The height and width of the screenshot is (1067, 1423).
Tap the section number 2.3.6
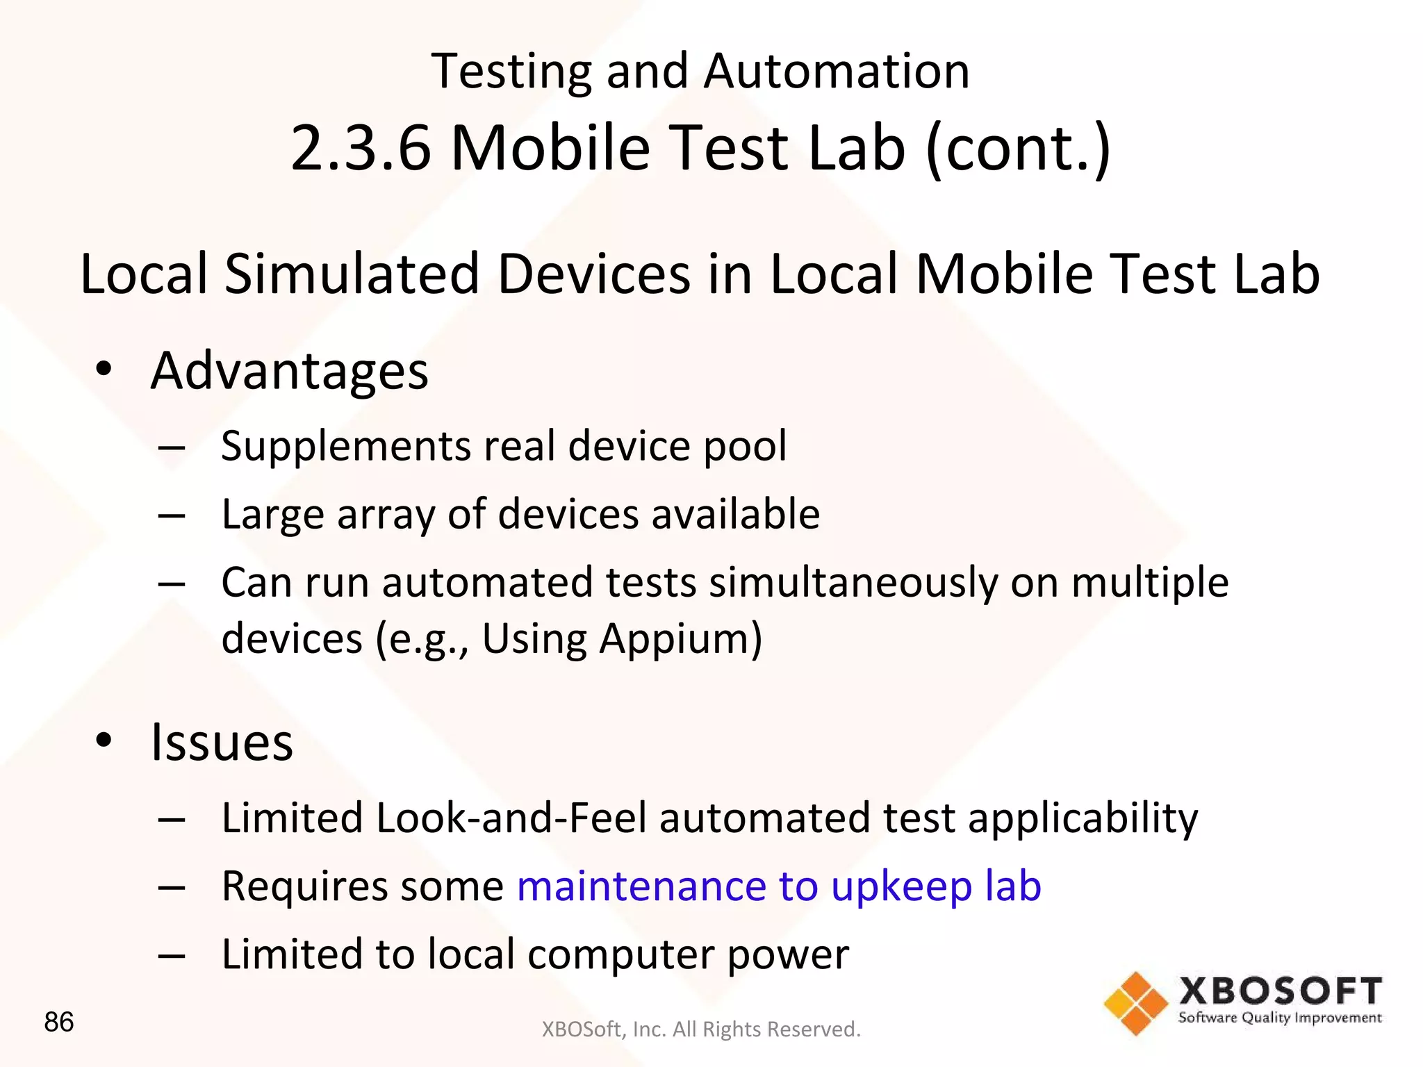click(x=361, y=148)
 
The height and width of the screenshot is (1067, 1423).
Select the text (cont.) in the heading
click(x=1018, y=148)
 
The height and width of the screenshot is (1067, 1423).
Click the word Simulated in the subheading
click(x=352, y=274)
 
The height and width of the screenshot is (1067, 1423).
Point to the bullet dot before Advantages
click(x=104, y=370)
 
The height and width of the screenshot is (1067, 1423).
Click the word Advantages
click(x=289, y=372)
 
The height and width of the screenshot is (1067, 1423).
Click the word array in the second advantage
click(x=383, y=515)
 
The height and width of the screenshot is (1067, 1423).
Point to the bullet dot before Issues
click(x=104, y=741)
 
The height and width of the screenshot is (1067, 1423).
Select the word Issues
click(x=222, y=743)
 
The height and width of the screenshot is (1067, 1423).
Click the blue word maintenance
click(x=641, y=886)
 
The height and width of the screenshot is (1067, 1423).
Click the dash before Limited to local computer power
click(x=171, y=956)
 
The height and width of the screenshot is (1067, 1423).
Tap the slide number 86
click(x=58, y=1022)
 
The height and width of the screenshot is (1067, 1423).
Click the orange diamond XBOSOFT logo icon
click(x=1135, y=1004)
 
